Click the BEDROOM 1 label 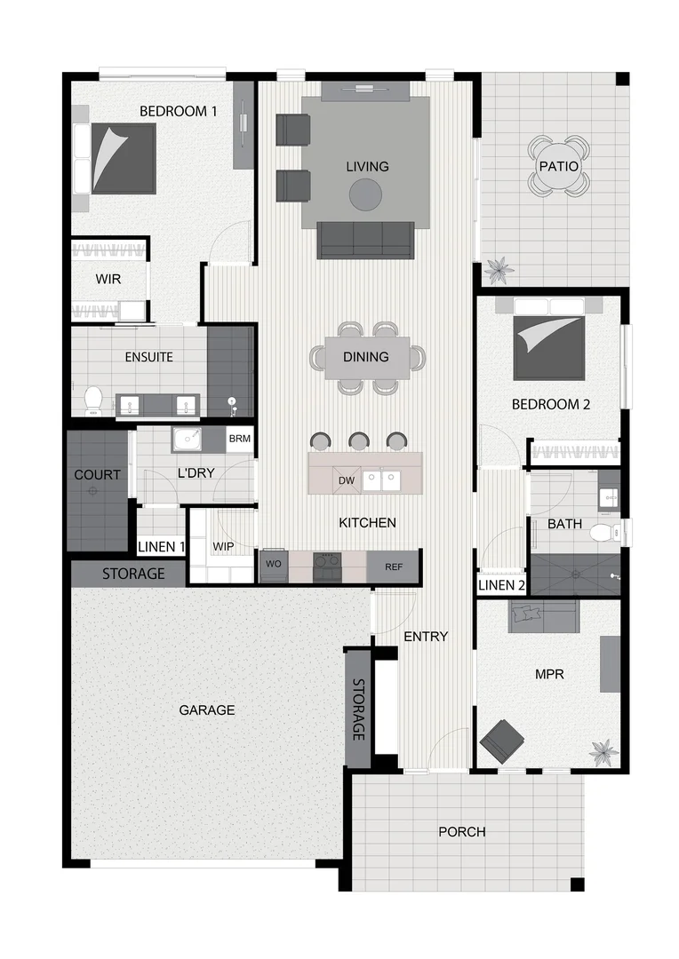point(178,111)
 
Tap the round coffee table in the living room point(365,194)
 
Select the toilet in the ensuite point(92,401)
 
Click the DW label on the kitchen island point(347,480)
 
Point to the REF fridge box point(394,567)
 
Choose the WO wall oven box point(272,563)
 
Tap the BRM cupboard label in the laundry point(239,439)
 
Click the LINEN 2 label point(502,584)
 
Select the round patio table point(558,166)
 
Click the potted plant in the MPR point(603,751)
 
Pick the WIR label point(108,279)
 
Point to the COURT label point(97,475)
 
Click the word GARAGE point(207,709)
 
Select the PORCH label point(462,832)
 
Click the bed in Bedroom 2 point(548,342)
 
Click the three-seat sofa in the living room point(365,240)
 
